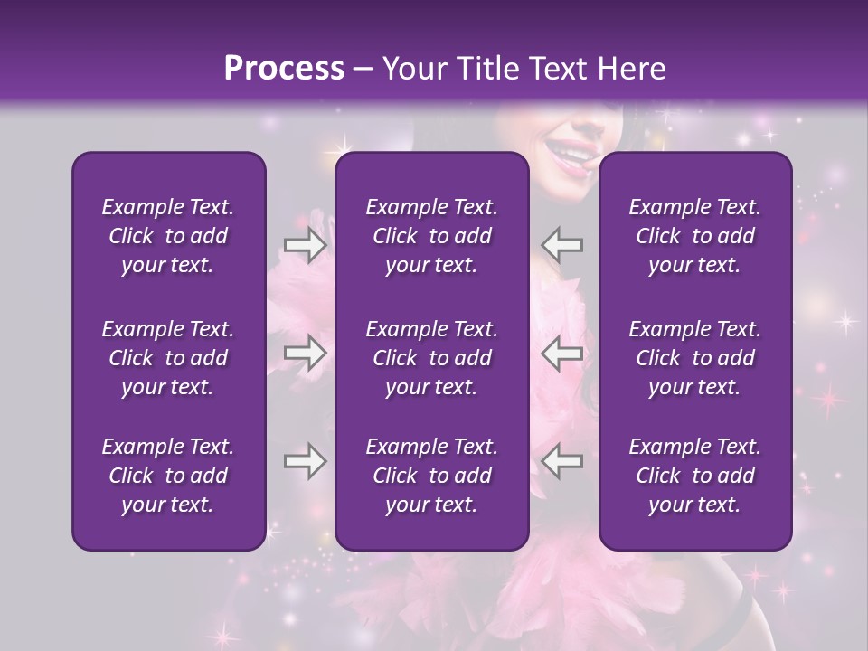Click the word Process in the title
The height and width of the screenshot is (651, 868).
coord(284,69)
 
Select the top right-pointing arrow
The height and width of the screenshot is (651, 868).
coord(306,244)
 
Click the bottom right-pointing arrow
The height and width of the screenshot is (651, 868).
coord(306,461)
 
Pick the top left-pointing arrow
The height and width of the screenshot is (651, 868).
coord(561,244)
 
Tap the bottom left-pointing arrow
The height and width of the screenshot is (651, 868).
coord(561,461)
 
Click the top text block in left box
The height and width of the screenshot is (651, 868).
coord(168,236)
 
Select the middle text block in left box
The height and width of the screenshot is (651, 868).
coord(168,358)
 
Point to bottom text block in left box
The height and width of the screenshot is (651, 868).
coord(168,476)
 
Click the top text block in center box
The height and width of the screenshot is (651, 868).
coord(431,236)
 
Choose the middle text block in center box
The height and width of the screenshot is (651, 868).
coord(431,358)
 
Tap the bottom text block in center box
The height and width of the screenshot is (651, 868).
coord(431,476)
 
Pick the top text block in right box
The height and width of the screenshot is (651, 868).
coord(694,236)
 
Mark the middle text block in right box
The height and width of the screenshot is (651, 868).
coord(694,358)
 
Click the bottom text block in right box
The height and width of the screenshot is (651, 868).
coord(694,476)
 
